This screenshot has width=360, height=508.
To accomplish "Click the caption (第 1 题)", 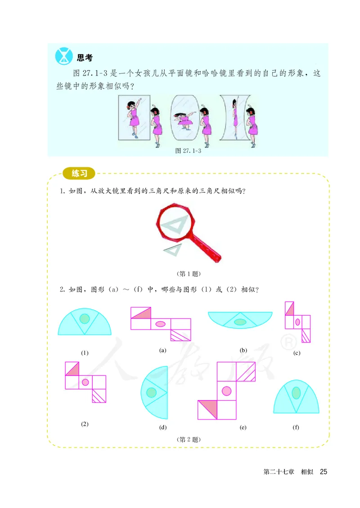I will coord(189,273).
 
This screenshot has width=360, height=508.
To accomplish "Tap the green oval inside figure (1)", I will coord(84,318).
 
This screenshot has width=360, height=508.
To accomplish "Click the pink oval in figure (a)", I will coord(160,324).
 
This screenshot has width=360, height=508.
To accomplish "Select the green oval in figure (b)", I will coord(240,322).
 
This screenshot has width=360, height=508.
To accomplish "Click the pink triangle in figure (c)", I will coord(290,309).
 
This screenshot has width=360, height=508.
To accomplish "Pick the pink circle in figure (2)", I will coord(85,382).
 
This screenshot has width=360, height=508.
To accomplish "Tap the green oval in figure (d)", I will coord(152,392).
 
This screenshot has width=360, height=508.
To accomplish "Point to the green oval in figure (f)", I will coord(296,392).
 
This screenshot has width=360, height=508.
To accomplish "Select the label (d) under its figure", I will coord(163,428).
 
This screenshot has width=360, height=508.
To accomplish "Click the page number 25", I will coord(323,472).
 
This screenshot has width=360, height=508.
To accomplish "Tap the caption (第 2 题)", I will coord(189,439).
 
